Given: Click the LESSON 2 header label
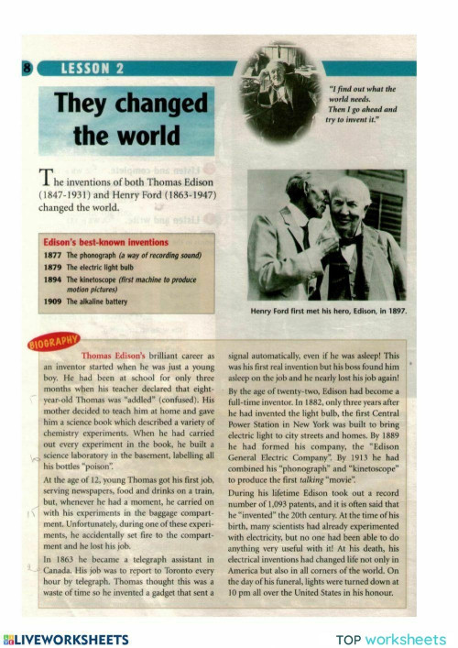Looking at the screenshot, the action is (x=93, y=68).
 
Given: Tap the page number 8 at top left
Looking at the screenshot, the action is (x=27, y=68).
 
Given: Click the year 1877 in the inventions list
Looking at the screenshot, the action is (x=52, y=254).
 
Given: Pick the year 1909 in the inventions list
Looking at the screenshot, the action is (x=52, y=301).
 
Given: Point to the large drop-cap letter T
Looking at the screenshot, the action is (x=45, y=179).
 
